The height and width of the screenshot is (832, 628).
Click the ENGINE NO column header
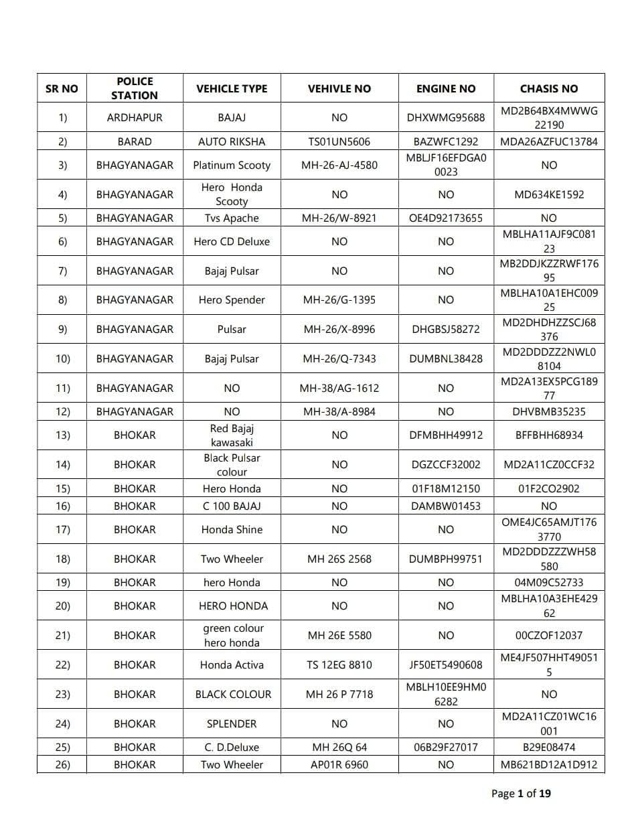[445, 88]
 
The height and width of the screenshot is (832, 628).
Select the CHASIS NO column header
[548, 88]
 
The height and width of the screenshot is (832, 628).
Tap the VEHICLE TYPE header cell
[232, 88]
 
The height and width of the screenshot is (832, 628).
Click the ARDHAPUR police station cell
[135, 117]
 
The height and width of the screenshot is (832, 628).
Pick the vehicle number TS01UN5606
[339, 141]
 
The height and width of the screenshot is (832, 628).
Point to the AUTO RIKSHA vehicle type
[232, 141]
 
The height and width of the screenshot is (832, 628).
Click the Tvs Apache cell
[232, 218]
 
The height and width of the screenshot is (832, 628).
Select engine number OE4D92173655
[445, 218]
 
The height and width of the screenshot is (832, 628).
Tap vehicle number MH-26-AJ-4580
[339, 165]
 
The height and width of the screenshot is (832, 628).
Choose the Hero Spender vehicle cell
[232, 299]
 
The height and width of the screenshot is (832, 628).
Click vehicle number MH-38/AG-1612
[339, 388]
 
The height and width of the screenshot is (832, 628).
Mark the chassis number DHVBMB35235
[548, 411]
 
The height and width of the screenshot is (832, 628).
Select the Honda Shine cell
[232, 529]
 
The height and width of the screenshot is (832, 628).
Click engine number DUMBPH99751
[445, 559]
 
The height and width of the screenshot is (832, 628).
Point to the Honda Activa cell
[232, 665]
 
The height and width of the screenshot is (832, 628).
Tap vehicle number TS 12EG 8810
[339, 665]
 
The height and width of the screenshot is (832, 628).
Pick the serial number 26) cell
[62, 764]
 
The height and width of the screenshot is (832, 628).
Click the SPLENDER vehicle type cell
[232, 723]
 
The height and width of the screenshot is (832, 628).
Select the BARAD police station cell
[135, 141]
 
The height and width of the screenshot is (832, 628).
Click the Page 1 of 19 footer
[521, 794]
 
